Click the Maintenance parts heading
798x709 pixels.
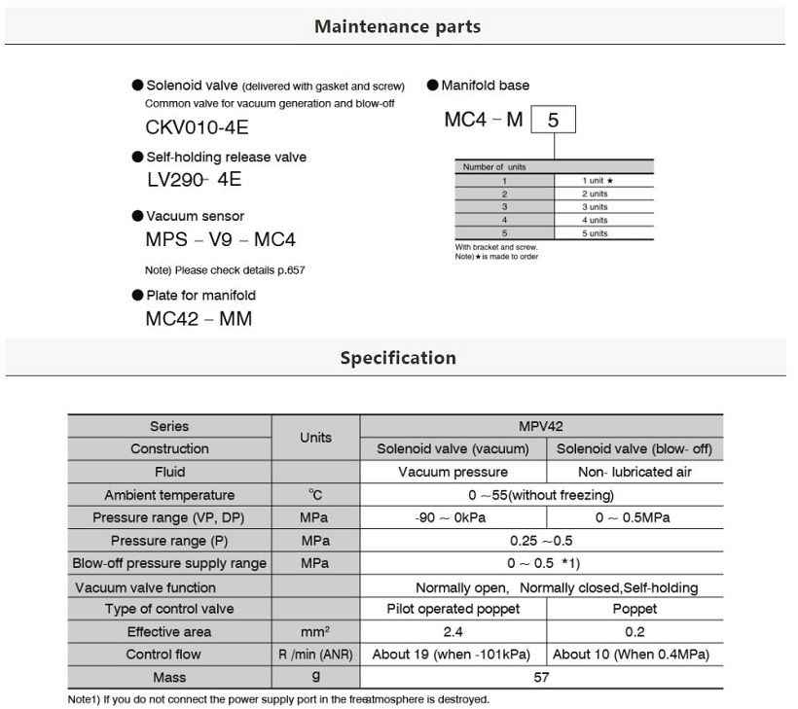tap(397, 26)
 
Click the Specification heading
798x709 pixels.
tap(397, 358)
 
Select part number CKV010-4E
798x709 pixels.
tap(197, 126)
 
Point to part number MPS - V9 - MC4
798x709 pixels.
tap(220, 239)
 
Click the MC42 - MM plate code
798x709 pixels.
tap(199, 318)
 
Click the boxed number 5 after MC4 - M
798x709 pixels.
tap(554, 121)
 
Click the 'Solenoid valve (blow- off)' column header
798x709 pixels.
tap(634, 449)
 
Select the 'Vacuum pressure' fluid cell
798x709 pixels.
tap(453, 472)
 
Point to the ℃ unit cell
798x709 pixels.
tap(315, 495)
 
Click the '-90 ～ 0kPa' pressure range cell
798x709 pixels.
tap(453, 517)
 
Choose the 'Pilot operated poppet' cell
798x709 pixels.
tap(453, 609)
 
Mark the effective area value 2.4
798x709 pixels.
tap(453, 632)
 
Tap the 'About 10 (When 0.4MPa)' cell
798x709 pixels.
tap(634, 655)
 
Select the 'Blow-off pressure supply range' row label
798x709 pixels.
tap(169, 563)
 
